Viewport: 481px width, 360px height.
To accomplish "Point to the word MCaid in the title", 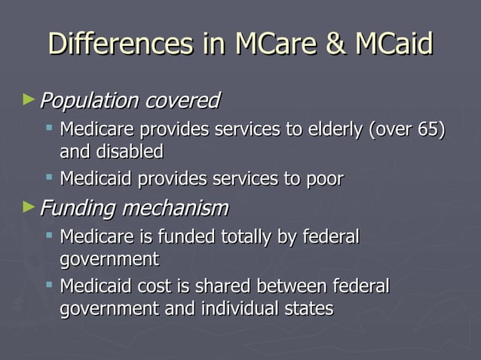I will coord(394,44).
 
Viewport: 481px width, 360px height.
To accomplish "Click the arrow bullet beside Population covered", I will coord(29,99).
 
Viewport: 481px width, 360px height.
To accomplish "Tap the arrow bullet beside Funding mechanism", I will coord(29,205).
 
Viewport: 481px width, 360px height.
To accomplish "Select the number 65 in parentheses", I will coord(427,130).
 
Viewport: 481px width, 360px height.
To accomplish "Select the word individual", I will coord(229,308).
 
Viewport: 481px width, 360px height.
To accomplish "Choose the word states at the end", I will coord(307,308).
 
